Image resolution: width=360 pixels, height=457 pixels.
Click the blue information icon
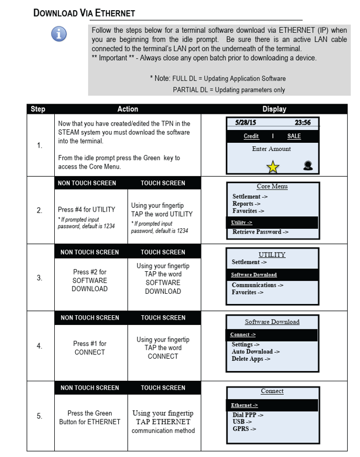[x=59, y=34]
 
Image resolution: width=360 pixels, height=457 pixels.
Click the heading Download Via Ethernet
[x=84, y=12]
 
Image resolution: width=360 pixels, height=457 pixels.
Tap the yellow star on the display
[x=273, y=167]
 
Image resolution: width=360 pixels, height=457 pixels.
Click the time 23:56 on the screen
[x=304, y=122]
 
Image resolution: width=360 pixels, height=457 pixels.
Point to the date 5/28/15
[x=245, y=122]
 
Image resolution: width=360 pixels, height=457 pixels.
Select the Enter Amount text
[x=271, y=149]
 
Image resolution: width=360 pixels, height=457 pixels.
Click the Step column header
[x=38, y=109]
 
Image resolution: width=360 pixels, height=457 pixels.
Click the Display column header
[x=274, y=109]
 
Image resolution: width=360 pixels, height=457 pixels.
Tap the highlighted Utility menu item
[x=242, y=222]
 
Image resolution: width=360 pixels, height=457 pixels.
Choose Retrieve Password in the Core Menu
[x=260, y=232]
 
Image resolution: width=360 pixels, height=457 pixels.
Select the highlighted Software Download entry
[x=254, y=275]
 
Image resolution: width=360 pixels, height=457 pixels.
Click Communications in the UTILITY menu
[x=257, y=285]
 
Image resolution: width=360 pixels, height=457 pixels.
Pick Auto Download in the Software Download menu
[x=255, y=352]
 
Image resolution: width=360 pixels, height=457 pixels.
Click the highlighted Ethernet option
[x=244, y=405]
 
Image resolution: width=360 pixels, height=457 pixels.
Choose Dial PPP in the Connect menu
[x=248, y=415]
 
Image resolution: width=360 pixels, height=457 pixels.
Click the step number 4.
[x=39, y=346]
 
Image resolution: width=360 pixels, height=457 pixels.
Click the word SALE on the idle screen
[x=294, y=136]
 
